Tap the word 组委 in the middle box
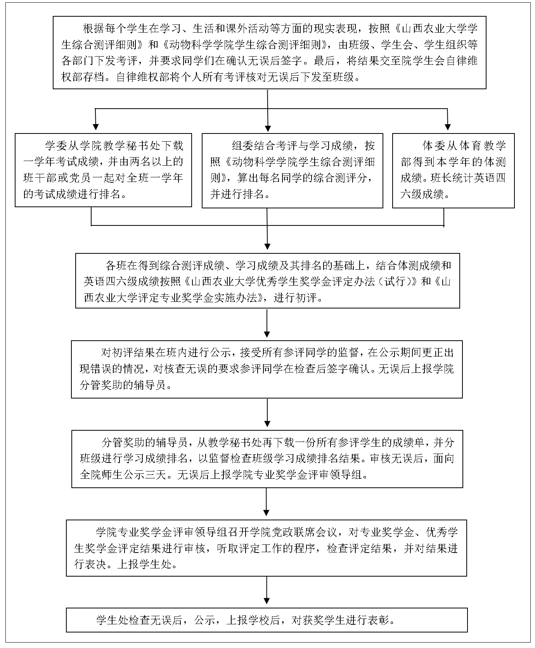click(243, 146)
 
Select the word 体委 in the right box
click(433, 146)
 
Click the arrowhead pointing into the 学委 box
click(96, 127)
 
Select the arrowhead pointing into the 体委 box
click(448, 127)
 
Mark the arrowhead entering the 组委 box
click(268, 128)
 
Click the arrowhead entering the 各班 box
click(267, 247)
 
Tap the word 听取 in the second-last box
click(227, 548)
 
